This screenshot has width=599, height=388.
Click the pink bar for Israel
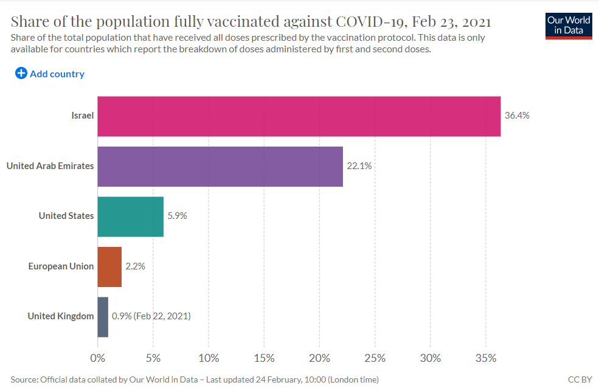pyautogui.click(x=299, y=116)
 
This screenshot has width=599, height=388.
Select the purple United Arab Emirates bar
pyautogui.click(x=220, y=167)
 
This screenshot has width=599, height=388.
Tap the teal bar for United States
pyautogui.click(x=131, y=217)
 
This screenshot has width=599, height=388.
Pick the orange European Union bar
pyautogui.click(x=109, y=267)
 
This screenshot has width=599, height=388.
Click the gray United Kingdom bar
pyautogui.click(x=103, y=317)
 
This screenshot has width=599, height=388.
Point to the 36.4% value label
pyautogui.click(x=517, y=116)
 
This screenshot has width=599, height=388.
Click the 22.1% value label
pyautogui.click(x=359, y=166)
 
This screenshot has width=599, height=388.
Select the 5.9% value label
pyautogui.click(x=177, y=216)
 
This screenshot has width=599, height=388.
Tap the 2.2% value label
pyautogui.click(x=135, y=266)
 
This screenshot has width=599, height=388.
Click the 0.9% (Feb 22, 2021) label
pyautogui.click(x=151, y=316)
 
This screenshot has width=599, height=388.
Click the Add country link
pyautogui.click(x=57, y=74)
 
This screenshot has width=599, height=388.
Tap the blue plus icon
pyautogui.click(x=21, y=73)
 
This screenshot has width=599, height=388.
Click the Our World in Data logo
pyautogui.click(x=569, y=26)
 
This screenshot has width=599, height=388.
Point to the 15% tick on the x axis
pyautogui.click(x=264, y=358)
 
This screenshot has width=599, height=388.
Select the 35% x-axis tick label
pyautogui.click(x=486, y=358)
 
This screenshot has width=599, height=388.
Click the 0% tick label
pyautogui.click(x=98, y=358)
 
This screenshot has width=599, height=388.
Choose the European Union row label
pyautogui.click(x=61, y=266)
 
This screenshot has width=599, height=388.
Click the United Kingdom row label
pyautogui.click(x=61, y=316)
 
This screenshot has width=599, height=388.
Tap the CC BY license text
pyautogui.click(x=580, y=379)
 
